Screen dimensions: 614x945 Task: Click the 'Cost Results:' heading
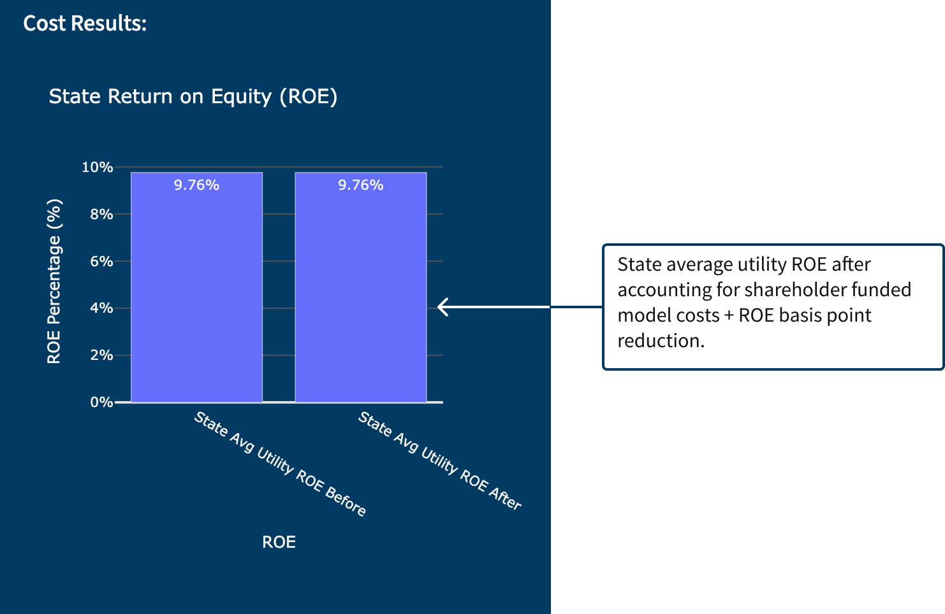[85, 24]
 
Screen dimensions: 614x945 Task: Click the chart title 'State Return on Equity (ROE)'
[193, 96]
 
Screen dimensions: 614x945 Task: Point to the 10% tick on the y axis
[97, 168]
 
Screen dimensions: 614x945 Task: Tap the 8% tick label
[101, 215]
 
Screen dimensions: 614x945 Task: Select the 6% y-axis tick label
[101, 261]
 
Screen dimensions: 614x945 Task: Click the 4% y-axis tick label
[101, 308]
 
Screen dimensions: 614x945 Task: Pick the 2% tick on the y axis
[101, 355]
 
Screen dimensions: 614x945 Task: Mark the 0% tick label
[101, 403]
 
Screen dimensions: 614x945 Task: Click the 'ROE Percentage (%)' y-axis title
[54, 282]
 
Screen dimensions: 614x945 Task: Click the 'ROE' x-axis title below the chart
[279, 542]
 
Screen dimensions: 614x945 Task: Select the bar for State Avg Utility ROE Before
[196, 293]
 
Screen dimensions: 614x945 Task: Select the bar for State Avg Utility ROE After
[360, 293]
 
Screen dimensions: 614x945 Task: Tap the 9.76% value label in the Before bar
[196, 185]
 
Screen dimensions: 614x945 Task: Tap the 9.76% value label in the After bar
[360, 185]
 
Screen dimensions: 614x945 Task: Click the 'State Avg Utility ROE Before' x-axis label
[280, 463]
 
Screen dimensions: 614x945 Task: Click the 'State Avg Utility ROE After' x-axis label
[440, 460]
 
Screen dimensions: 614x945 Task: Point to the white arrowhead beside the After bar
[443, 307]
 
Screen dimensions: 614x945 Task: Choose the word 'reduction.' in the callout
[661, 341]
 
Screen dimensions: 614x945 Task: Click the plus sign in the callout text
[729, 316]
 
